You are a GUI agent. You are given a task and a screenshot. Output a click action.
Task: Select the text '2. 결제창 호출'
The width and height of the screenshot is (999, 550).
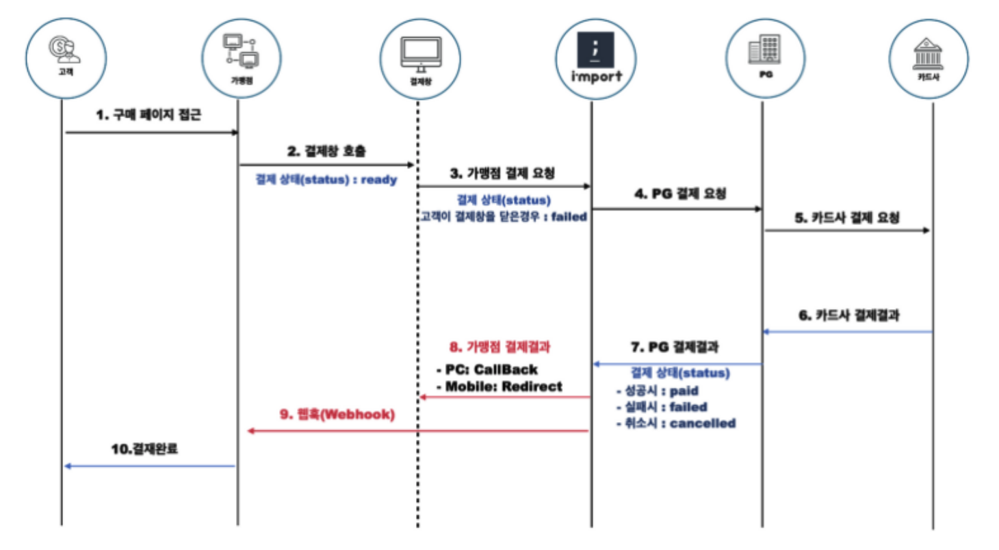(326, 151)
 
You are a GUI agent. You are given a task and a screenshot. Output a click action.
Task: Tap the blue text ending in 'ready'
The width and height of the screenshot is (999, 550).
(326, 180)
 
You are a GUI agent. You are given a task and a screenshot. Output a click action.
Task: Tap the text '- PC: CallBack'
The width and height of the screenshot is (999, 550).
(486, 370)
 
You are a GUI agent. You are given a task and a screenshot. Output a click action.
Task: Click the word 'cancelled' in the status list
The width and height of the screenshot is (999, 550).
(703, 423)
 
